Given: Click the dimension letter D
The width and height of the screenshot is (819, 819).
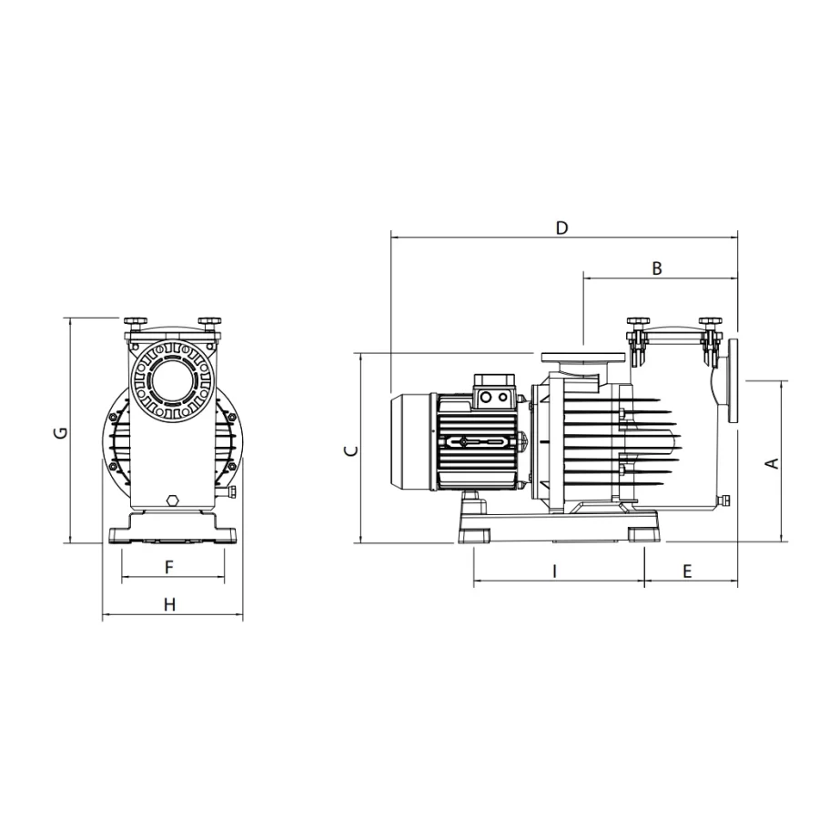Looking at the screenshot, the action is pyautogui.click(x=561, y=228).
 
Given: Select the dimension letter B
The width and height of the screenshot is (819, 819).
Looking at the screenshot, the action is pyautogui.click(x=657, y=268).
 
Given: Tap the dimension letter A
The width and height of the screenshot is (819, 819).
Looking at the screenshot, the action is pyautogui.click(x=772, y=463).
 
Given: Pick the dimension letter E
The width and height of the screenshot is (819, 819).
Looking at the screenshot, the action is pyautogui.click(x=687, y=571).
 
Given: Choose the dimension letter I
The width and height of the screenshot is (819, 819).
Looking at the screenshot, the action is pyautogui.click(x=555, y=571).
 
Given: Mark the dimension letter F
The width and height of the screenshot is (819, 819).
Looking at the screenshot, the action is pyautogui.click(x=168, y=567).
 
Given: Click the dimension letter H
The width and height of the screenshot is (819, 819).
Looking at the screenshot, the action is pyautogui.click(x=169, y=605).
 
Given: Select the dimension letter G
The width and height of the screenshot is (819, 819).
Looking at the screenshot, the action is pyautogui.click(x=62, y=432).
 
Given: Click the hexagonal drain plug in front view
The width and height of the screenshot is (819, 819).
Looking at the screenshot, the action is pyautogui.click(x=172, y=500).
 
